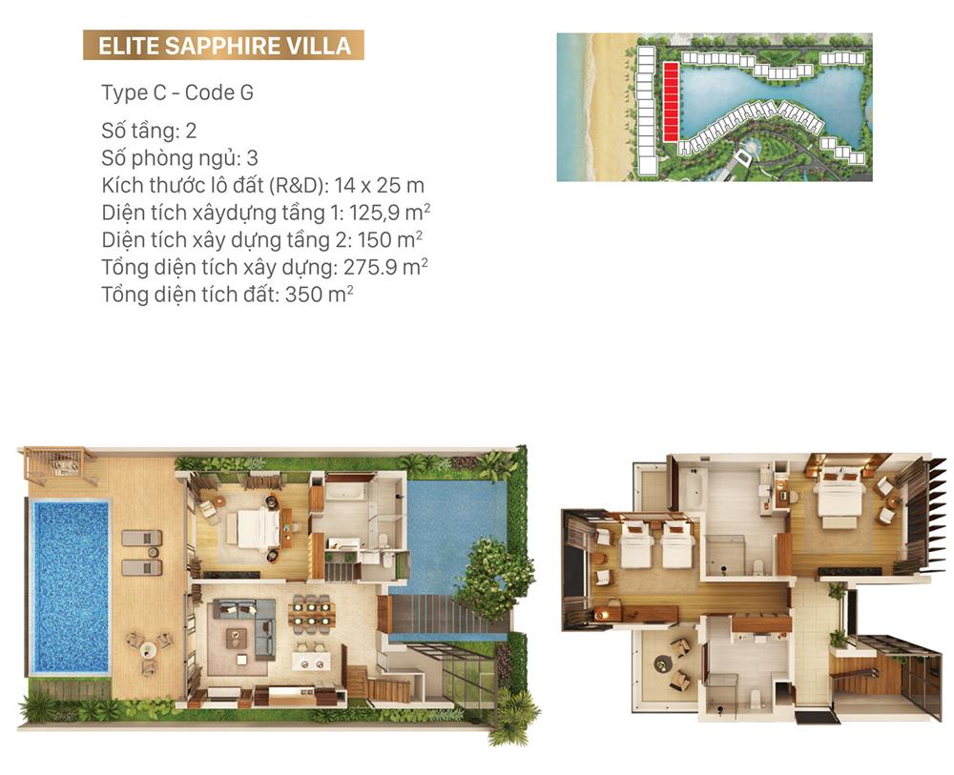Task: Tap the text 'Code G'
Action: (x=219, y=92)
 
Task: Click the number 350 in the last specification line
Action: (x=303, y=295)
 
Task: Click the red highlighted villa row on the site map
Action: (x=671, y=102)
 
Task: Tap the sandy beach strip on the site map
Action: (x=606, y=107)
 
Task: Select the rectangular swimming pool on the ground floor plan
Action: (x=71, y=586)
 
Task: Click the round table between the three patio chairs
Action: (x=149, y=650)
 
